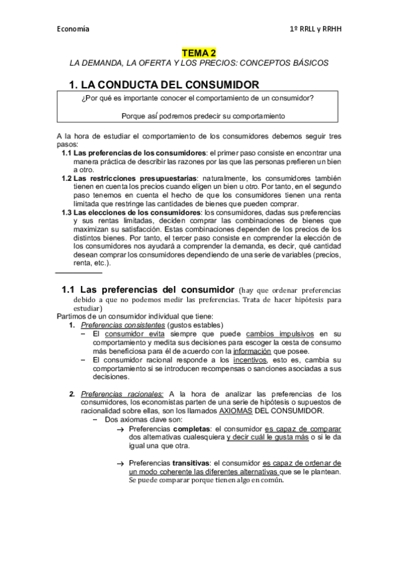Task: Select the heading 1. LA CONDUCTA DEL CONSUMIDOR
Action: (x=164, y=84)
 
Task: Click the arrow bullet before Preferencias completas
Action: (x=120, y=430)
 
